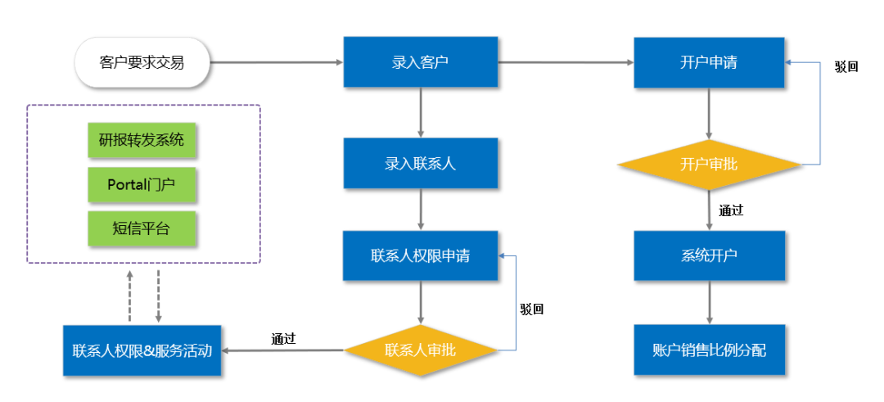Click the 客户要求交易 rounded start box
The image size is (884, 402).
(142, 61)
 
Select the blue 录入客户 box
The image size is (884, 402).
(420, 61)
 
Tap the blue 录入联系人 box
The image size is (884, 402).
(420, 164)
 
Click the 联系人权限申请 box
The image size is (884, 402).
(420, 255)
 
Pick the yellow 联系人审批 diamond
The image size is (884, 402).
(420, 350)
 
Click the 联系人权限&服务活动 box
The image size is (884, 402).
(142, 351)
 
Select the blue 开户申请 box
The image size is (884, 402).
(709, 61)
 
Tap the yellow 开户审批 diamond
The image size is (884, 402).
(709, 165)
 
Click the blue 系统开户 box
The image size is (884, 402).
(709, 255)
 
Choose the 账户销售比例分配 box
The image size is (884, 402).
(709, 350)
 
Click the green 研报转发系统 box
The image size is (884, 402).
(142, 140)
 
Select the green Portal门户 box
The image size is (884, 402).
(142, 184)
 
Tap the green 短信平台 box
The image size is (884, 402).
(142, 228)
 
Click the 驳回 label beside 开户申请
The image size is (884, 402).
(846, 67)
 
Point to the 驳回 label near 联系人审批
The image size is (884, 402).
(531, 309)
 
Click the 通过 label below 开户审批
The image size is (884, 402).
(731, 210)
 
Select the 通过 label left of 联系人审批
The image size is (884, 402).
(283, 339)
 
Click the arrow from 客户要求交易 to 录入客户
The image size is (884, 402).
(275, 61)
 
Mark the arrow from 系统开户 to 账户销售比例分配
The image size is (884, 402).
(709, 302)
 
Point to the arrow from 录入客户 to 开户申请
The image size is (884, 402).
(565, 61)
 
